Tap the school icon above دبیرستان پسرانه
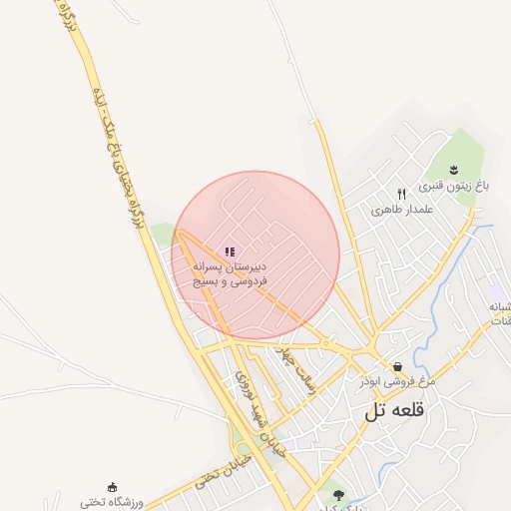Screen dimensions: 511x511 click(x=230, y=253)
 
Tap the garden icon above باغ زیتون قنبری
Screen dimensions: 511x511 click(x=453, y=168)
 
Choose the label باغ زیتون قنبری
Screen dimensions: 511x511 click(x=455, y=186)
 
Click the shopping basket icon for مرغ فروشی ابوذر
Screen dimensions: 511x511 click(x=398, y=366)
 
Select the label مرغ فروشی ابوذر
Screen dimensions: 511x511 click(x=399, y=382)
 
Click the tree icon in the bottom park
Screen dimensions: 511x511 click(x=338, y=494)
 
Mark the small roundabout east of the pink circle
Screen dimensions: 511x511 click(x=326, y=343)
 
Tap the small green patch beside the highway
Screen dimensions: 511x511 click(x=162, y=235)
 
